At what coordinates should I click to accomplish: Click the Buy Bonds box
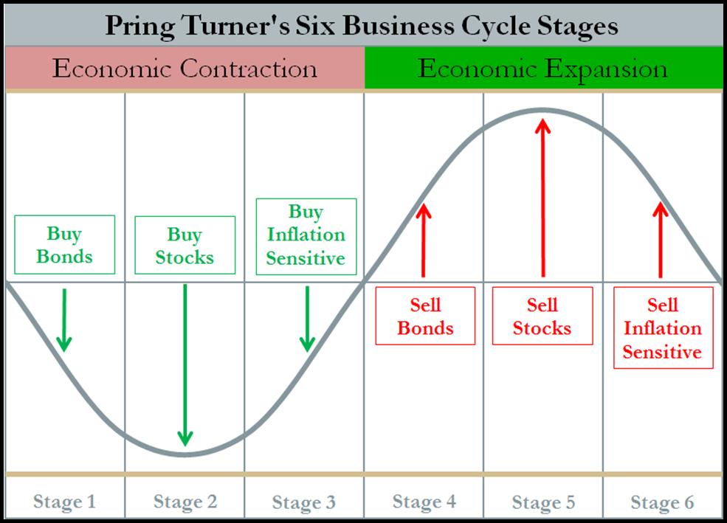64,245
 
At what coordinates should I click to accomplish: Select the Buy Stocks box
185,245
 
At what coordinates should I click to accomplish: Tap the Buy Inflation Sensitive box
306,237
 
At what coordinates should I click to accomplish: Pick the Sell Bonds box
425,316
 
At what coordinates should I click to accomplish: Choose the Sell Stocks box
542,316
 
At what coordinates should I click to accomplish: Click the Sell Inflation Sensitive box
664,328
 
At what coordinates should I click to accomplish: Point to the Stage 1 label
64,502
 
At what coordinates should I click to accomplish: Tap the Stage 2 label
185,502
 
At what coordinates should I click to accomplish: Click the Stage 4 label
424,502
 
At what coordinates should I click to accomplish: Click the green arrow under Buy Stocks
185,365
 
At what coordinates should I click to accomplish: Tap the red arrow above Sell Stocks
542,198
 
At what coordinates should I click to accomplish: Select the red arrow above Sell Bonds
424,240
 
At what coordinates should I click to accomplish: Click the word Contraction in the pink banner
249,69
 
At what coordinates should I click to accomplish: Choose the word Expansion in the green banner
606,69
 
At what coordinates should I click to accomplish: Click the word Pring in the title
140,26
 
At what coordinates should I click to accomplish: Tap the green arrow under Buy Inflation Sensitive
307,319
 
